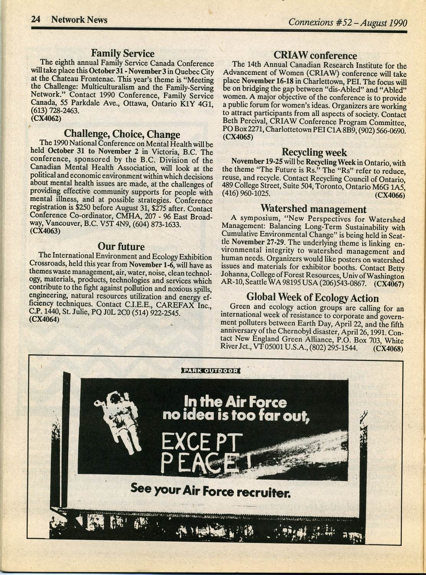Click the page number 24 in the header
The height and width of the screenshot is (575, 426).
[36, 20]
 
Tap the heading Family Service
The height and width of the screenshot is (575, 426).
[122, 54]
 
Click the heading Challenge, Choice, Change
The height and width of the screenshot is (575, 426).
[122, 134]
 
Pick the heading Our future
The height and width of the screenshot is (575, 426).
[121, 246]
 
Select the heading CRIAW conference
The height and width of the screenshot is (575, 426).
[315, 56]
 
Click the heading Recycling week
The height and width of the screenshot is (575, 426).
[314, 152]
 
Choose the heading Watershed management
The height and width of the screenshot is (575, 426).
[313, 209]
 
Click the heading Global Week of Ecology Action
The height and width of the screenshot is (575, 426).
[312, 297]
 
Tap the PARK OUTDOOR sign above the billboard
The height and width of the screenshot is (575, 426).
[211, 370]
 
